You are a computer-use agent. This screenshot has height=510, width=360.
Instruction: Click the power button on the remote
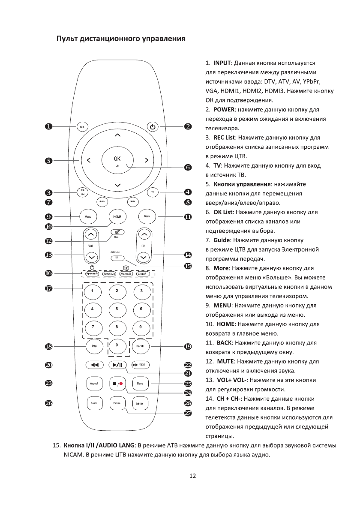coord(153,127)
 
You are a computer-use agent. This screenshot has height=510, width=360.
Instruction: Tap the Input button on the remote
coord(82,127)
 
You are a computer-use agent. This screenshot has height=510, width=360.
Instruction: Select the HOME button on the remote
coord(117,216)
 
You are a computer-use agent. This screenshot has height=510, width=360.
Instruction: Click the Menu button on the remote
coord(88,216)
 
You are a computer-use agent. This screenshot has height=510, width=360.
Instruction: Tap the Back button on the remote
coord(147,216)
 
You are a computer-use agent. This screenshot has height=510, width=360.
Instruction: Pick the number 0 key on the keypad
coord(117,345)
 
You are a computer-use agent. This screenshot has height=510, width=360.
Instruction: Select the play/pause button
coord(117,365)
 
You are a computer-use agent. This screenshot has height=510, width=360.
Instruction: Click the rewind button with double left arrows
coord(94,365)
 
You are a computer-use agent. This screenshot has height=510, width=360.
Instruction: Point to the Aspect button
coord(94,383)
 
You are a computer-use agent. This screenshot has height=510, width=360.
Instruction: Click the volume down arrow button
coord(91,257)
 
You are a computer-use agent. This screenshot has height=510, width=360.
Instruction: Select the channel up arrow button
coord(144,234)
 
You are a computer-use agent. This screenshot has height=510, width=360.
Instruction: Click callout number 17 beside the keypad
coord(49,289)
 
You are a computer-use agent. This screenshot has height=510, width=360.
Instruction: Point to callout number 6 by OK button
coord(187,167)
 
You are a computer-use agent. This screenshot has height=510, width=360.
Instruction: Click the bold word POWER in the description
coord(223,109)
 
